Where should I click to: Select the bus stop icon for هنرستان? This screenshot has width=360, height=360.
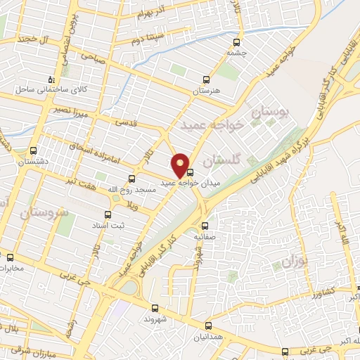click(x=205, y=79)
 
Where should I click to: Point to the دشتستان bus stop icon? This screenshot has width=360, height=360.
click(x=34, y=150)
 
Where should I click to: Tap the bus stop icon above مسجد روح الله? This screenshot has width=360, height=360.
click(x=131, y=179)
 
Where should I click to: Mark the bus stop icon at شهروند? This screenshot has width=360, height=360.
click(x=155, y=307)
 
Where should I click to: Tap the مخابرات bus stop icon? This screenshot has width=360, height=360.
click(x=10, y=257)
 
